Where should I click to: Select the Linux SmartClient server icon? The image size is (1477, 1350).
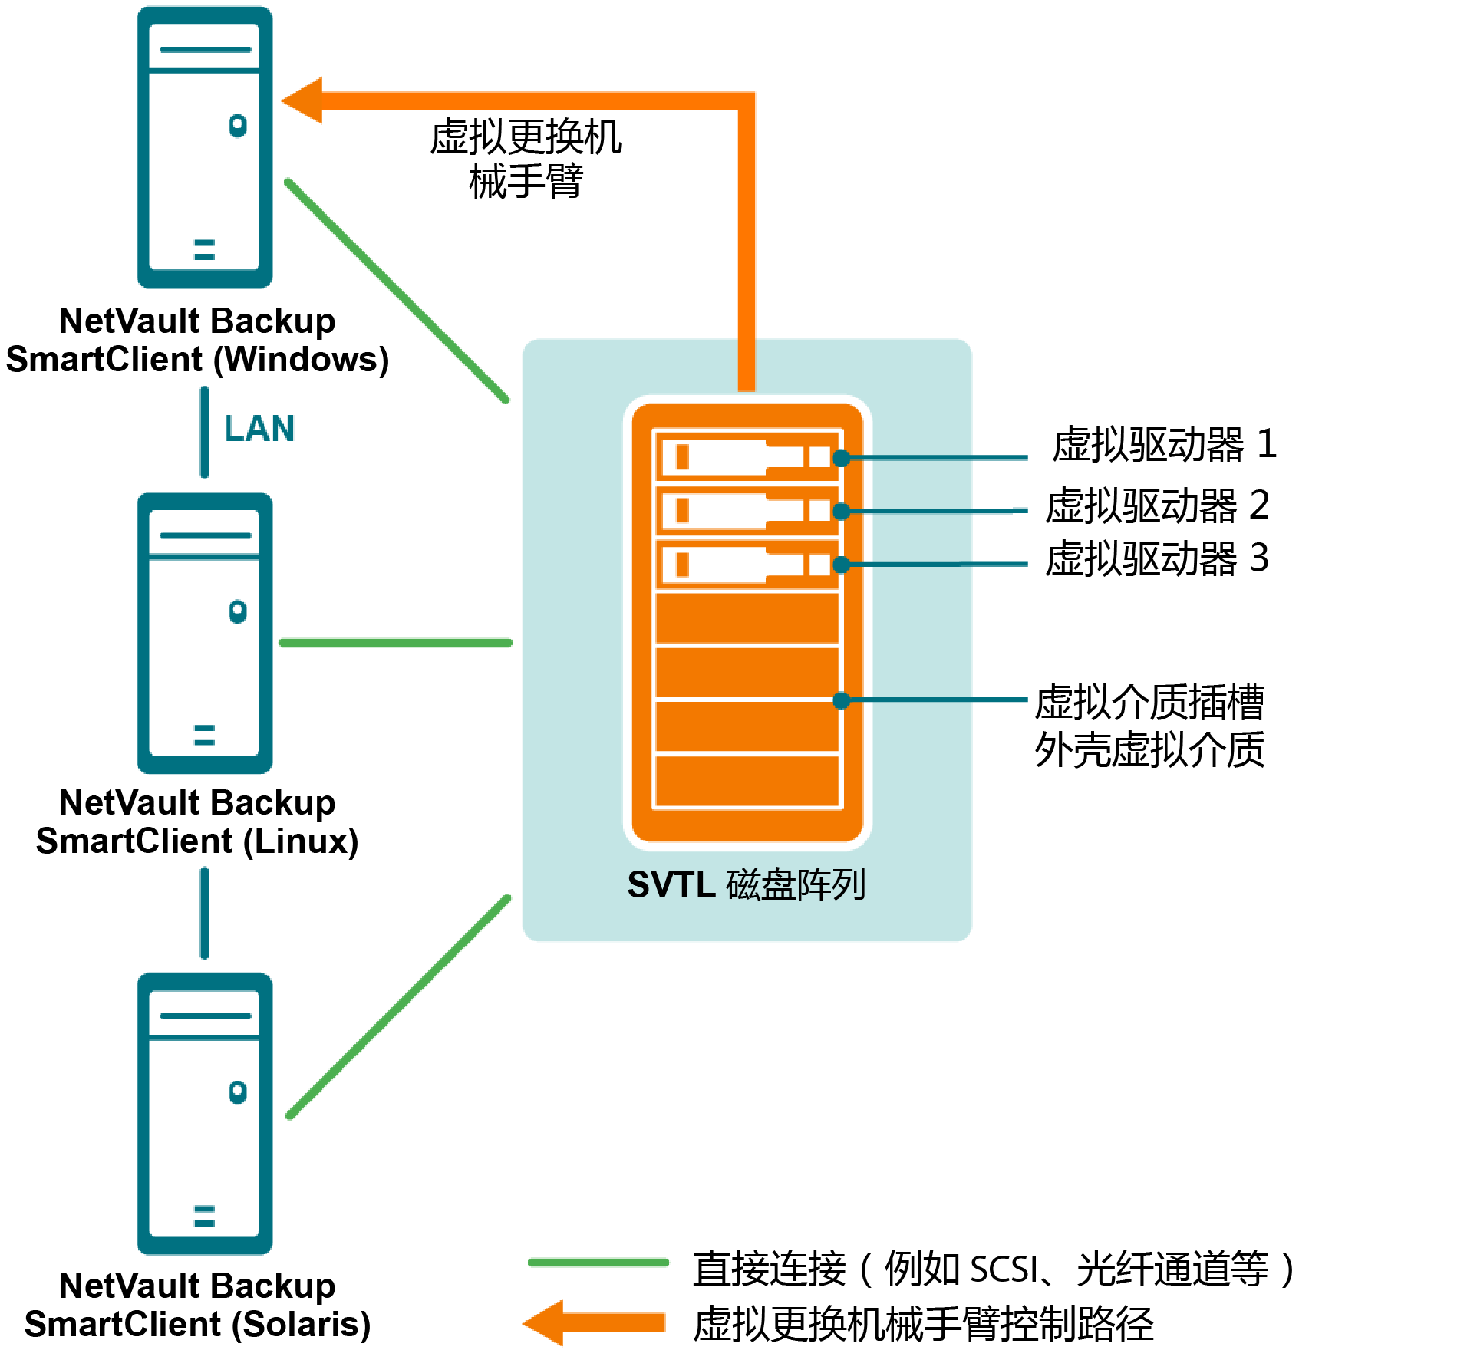pyautogui.click(x=204, y=633)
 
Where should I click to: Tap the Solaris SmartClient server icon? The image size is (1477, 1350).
pyautogui.click(x=204, y=1114)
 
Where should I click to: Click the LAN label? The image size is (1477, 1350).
pyautogui.click(x=259, y=429)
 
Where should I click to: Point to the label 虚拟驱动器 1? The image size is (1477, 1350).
pyautogui.click(x=1163, y=445)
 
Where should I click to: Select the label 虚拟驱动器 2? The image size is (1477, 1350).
pyautogui.click(x=1157, y=506)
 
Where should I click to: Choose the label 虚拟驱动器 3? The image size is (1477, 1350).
pyautogui.click(x=1157, y=559)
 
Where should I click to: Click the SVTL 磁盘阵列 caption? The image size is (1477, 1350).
pyautogui.click(x=747, y=885)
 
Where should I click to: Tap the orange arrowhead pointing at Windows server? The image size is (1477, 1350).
pyautogui.click(x=303, y=100)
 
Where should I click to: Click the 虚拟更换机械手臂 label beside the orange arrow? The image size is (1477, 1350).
pyautogui.click(x=526, y=160)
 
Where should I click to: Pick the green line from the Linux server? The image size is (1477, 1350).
pyautogui.click(x=395, y=643)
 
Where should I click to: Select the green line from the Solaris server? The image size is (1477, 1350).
pyautogui.click(x=398, y=1006)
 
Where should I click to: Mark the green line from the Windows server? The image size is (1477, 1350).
pyautogui.click(x=397, y=291)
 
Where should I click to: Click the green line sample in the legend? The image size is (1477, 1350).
pyautogui.click(x=598, y=1263)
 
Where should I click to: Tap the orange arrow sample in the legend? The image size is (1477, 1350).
pyautogui.click(x=595, y=1322)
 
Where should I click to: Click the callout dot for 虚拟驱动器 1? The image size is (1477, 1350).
pyautogui.click(x=841, y=459)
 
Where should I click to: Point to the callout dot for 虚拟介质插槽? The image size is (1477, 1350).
pyautogui.click(x=841, y=700)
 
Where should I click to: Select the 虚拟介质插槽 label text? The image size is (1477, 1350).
pyautogui.click(x=1149, y=703)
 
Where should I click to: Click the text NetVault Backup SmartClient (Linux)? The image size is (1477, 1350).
pyautogui.click(x=197, y=822)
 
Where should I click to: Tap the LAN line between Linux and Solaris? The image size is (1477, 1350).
pyautogui.click(x=204, y=913)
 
